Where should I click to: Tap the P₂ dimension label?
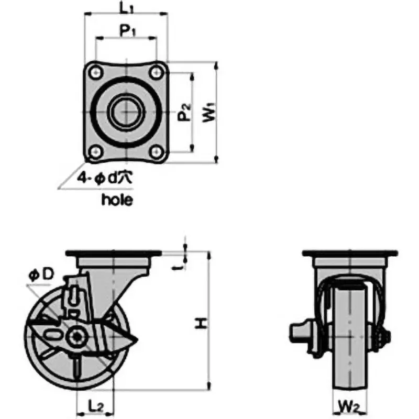pos(183,112)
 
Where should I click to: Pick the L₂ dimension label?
pos(95,405)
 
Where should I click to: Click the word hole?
pos(117,200)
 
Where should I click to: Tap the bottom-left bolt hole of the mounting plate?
pos(95,152)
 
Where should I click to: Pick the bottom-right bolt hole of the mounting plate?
pos(156,152)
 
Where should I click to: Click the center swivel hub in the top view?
pos(125,112)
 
